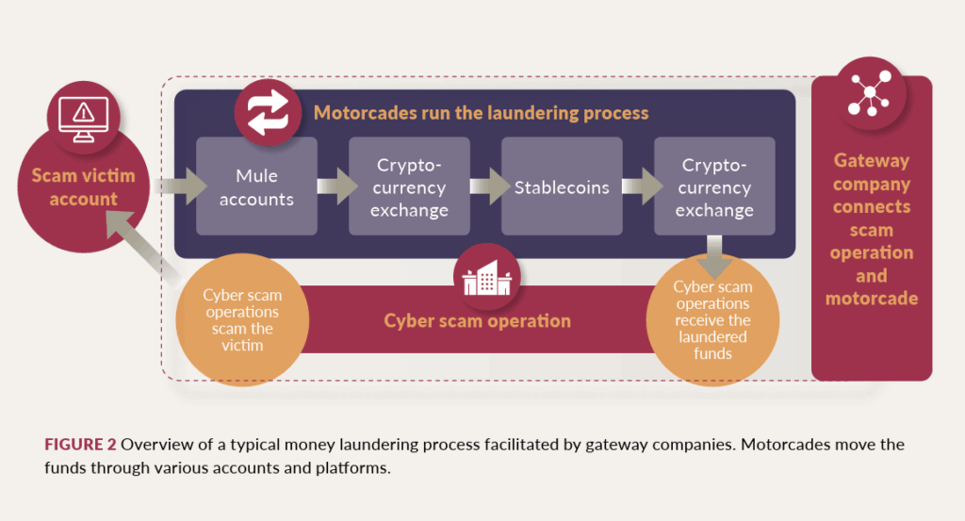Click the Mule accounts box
[x=256, y=187]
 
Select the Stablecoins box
[x=562, y=187]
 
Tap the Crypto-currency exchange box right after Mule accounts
[x=410, y=187]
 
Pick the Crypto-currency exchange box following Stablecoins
[x=714, y=187]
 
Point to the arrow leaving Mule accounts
[x=333, y=187]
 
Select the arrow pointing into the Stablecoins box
[x=485, y=187]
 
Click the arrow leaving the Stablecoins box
[x=638, y=187]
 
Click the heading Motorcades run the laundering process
[x=481, y=113]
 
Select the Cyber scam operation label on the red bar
[x=477, y=320]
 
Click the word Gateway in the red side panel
[x=872, y=162]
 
